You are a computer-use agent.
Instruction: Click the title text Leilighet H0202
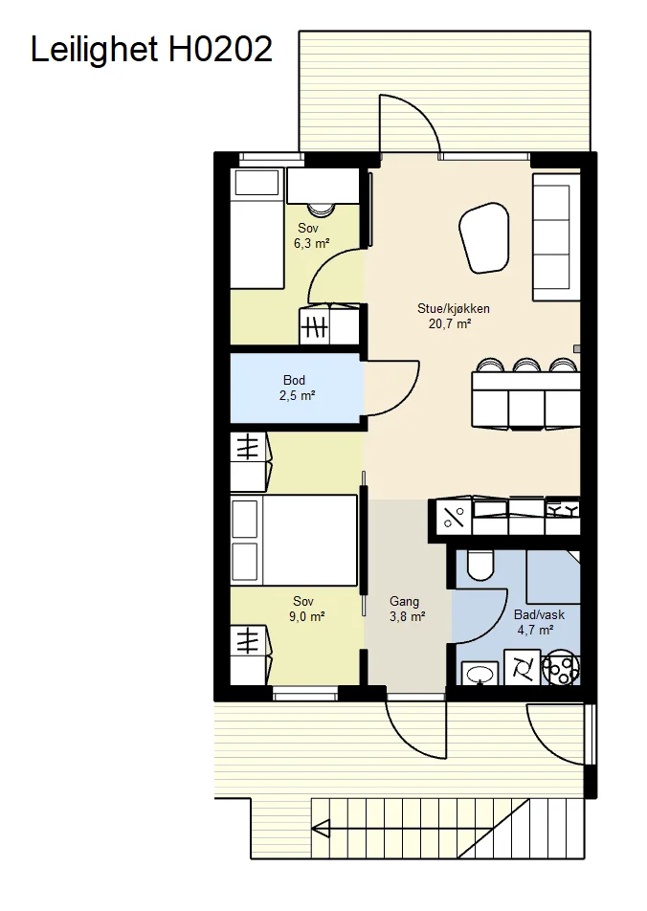coord(151,49)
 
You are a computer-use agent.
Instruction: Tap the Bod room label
coord(294,380)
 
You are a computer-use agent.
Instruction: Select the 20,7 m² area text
coord(449,323)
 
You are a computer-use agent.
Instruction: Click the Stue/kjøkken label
coord(454,308)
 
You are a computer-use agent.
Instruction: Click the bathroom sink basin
coord(480,674)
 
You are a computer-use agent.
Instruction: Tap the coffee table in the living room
coord(483,237)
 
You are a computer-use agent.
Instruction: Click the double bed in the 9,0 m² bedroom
coord(294,540)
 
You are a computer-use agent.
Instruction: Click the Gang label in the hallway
coord(404,601)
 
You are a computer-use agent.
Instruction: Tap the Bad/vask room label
coord(539,614)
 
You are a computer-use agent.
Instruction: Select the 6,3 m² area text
coord(312,243)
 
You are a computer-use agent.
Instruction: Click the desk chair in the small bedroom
coord(320,210)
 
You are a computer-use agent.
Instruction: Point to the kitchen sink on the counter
coord(490,509)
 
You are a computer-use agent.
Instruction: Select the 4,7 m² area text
coord(535,630)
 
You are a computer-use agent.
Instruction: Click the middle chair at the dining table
coord(526,365)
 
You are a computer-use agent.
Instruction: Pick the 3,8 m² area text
coord(407,616)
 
